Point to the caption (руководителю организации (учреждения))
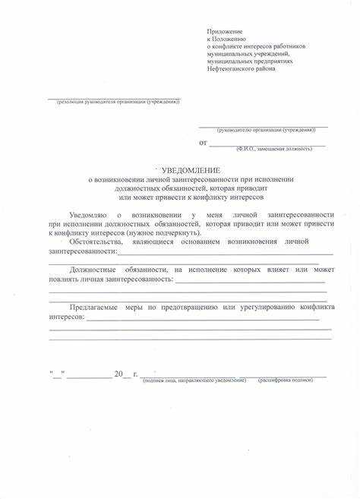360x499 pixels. pos(265,131)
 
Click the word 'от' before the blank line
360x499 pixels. pos(202,142)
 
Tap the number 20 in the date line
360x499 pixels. pos(118,374)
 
